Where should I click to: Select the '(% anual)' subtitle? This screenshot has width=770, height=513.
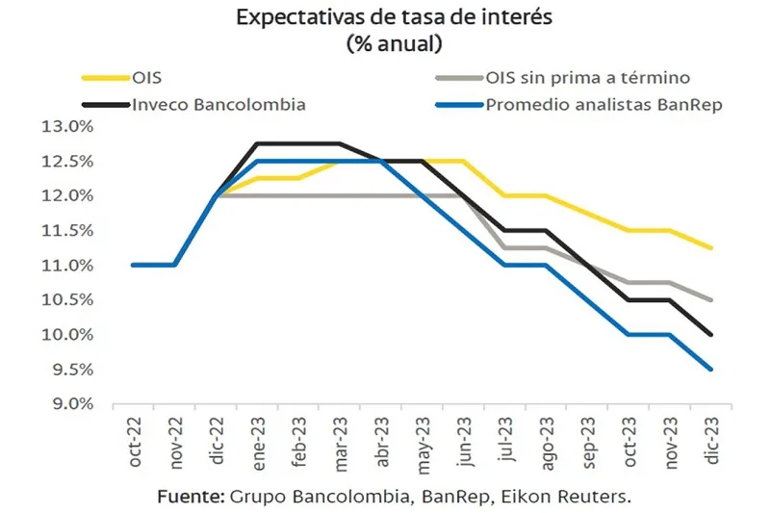pyautogui.click(x=385, y=42)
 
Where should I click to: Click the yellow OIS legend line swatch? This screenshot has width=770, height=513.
pyautogui.click(x=103, y=78)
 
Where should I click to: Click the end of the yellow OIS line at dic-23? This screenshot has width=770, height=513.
pyautogui.click(x=711, y=247)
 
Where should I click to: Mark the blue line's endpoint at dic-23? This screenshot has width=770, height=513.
pyautogui.click(x=711, y=369)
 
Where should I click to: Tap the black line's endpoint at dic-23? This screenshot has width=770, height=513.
pyautogui.click(x=711, y=334)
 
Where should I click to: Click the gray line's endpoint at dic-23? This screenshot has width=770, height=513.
pyautogui.click(x=711, y=299)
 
